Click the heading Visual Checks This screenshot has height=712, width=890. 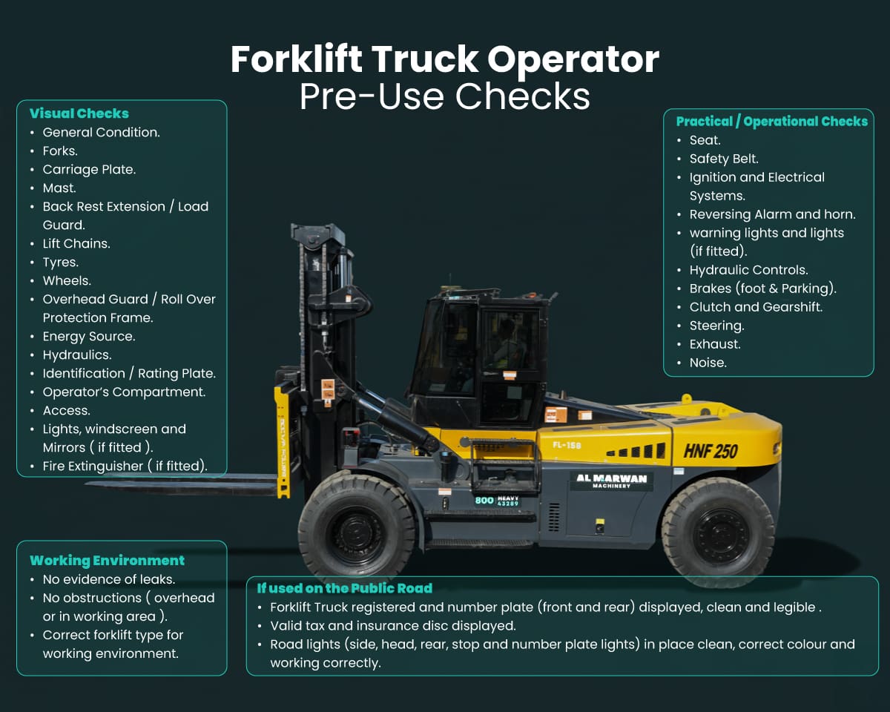79,113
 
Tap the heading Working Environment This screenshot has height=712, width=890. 107,561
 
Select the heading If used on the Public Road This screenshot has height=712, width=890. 344,588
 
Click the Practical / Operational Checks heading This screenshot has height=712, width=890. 771,122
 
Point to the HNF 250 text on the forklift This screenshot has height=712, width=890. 710,451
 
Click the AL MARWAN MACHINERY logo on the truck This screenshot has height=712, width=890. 612,481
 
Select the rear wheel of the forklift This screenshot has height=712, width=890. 718,533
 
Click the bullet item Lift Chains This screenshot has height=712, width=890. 76,243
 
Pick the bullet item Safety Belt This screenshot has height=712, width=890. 723,159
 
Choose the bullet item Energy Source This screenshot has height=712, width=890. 88,336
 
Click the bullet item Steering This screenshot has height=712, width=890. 716,326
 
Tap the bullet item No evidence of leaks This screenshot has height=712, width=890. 108,579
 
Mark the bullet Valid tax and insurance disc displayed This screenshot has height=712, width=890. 392,626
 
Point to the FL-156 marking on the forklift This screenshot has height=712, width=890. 567,445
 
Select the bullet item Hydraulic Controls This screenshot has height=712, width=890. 748,270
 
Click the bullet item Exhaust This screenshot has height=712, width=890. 715,344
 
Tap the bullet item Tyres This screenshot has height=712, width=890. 60,262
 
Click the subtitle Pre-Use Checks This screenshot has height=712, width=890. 444,96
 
